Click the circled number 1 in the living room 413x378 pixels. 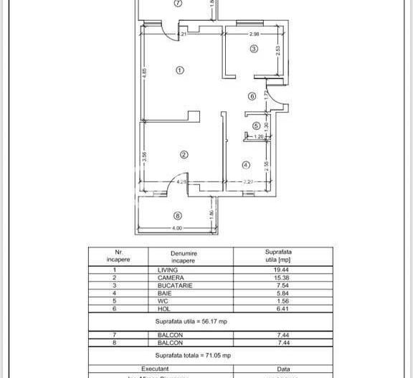tap(180, 70)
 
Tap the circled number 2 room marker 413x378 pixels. tap(184, 154)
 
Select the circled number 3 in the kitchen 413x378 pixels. tap(254, 49)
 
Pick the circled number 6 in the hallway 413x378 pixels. tap(252, 96)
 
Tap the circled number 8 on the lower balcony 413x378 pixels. tap(178, 216)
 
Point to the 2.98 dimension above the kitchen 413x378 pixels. tap(254, 34)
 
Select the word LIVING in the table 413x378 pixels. tap(168, 270)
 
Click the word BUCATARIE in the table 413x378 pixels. tap(173, 284)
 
